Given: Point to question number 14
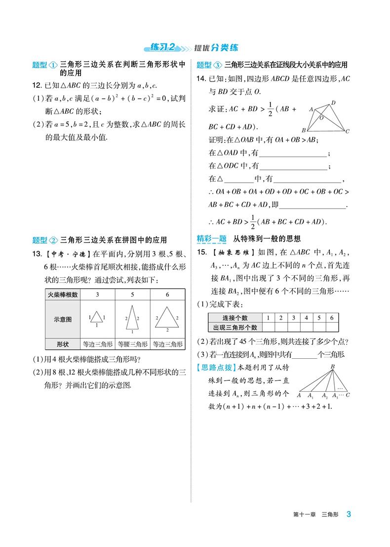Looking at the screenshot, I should point(201,79).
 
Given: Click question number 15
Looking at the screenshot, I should point(201,252).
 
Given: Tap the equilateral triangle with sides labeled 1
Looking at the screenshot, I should point(97,318).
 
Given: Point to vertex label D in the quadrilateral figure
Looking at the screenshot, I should point(333,103).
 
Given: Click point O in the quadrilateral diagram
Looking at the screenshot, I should point(321,118).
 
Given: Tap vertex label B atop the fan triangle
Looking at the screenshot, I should point(333,366).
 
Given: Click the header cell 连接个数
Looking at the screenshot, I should point(235,318).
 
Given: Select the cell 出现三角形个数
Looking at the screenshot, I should point(235,327).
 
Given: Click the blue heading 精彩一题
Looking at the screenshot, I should point(211,239).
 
